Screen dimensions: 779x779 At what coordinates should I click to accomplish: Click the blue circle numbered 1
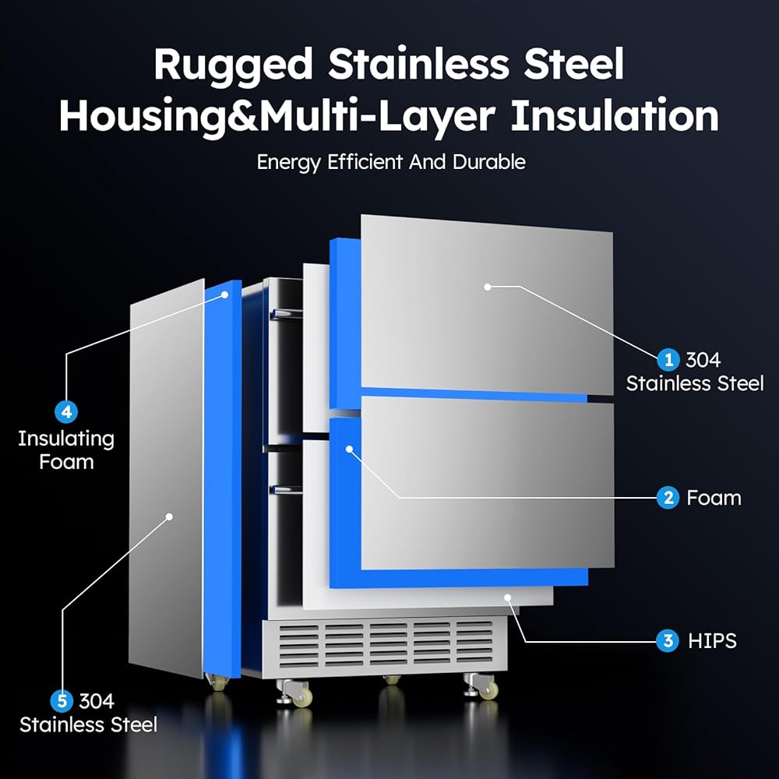click(x=668, y=360)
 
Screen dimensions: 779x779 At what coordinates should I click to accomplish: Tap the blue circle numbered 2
click(x=668, y=497)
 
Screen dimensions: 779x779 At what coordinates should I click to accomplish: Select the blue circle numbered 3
click(x=668, y=641)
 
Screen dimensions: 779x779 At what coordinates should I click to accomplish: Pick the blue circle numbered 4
click(x=66, y=412)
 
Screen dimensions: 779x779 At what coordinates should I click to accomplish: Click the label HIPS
click(x=712, y=641)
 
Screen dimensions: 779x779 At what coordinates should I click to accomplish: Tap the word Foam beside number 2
click(x=714, y=497)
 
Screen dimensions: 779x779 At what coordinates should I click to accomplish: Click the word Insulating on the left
click(x=66, y=439)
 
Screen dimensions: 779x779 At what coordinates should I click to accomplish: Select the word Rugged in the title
click(x=233, y=65)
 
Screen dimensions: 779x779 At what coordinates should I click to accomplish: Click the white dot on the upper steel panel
click(x=488, y=287)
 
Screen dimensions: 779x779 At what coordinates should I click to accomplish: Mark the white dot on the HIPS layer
click(x=508, y=597)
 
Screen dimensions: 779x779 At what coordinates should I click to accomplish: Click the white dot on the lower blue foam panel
click(x=350, y=449)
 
